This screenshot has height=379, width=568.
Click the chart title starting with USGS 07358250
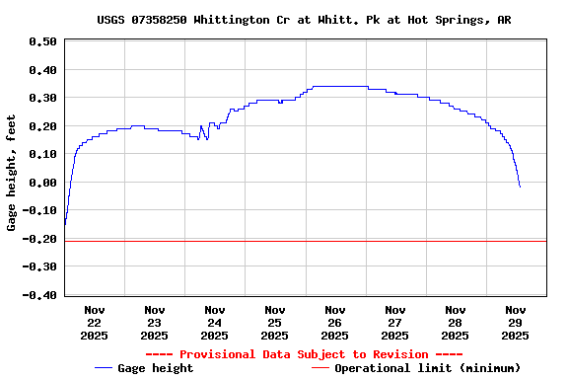click(x=304, y=20)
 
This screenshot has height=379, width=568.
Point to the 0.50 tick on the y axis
click(x=42, y=42)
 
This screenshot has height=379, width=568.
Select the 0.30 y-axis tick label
click(x=42, y=99)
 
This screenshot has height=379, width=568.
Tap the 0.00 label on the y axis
click(x=42, y=184)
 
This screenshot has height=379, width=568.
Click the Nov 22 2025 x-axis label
click(x=95, y=323)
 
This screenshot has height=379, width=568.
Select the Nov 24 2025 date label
click(x=215, y=323)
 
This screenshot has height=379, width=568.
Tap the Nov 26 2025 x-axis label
click(x=335, y=323)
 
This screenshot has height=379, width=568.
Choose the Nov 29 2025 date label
click(x=516, y=323)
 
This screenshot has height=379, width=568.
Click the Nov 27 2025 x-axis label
click(x=395, y=323)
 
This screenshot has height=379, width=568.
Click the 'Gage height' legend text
click(x=155, y=368)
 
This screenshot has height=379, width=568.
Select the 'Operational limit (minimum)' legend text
click(x=427, y=368)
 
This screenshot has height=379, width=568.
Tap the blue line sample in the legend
click(x=104, y=368)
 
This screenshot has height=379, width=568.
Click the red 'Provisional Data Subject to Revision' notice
click(x=304, y=354)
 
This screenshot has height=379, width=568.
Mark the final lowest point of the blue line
click(x=520, y=187)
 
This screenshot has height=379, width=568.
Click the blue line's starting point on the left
click(x=65, y=225)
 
